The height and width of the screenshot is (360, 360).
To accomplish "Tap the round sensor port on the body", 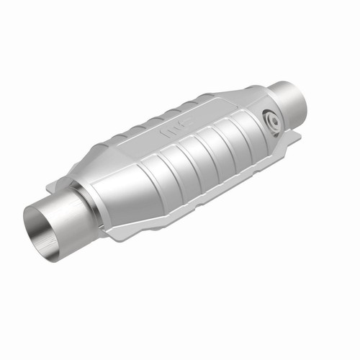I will (271, 121).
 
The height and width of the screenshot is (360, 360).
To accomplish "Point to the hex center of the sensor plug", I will (271, 121).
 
